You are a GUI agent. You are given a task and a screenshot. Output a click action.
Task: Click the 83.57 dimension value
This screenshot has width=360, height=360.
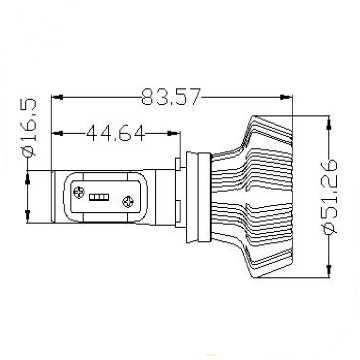coord(171,97)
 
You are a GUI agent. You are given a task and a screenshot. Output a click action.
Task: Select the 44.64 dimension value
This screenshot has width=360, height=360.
coord(116,133)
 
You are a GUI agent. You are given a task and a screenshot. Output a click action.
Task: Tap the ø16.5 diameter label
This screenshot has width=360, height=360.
coord(28,127)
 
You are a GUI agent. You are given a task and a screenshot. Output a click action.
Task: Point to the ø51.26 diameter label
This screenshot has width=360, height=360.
coord(329,197)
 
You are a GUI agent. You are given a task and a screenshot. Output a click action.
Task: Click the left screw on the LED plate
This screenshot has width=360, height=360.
coord(79,192)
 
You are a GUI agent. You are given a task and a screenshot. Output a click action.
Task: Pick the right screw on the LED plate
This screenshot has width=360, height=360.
coord(128,202)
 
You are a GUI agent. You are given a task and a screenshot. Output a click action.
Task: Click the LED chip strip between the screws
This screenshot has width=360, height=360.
coord(99,197)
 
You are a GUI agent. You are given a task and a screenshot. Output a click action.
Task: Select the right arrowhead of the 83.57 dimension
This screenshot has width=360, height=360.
coord(286,97)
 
